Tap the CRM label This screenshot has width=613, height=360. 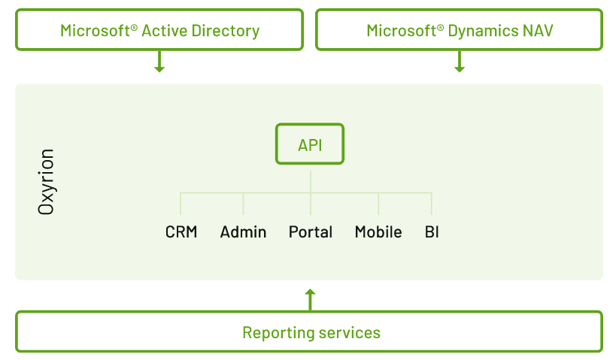(x=181, y=232)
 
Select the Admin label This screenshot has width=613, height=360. (x=243, y=232)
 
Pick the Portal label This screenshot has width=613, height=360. (x=311, y=232)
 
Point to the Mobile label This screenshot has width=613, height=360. (x=378, y=232)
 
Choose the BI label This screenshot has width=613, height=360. (x=432, y=232)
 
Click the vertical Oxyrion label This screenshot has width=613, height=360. (x=47, y=182)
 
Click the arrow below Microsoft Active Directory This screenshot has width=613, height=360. (x=159, y=62)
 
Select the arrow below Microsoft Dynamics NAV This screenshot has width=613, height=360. (x=460, y=62)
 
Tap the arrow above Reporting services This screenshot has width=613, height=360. (x=310, y=299)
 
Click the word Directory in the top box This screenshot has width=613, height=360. (x=226, y=31)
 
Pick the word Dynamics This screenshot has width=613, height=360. (x=483, y=31)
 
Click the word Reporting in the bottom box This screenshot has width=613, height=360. (x=278, y=333)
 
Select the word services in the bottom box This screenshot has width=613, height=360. (x=350, y=333)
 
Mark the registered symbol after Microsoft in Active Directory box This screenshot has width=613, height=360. (x=134, y=27)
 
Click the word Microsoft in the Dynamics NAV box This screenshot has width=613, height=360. (x=401, y=31)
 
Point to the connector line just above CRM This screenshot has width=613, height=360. (x=181, y=204)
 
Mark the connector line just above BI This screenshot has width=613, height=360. (x=432, y=204)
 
